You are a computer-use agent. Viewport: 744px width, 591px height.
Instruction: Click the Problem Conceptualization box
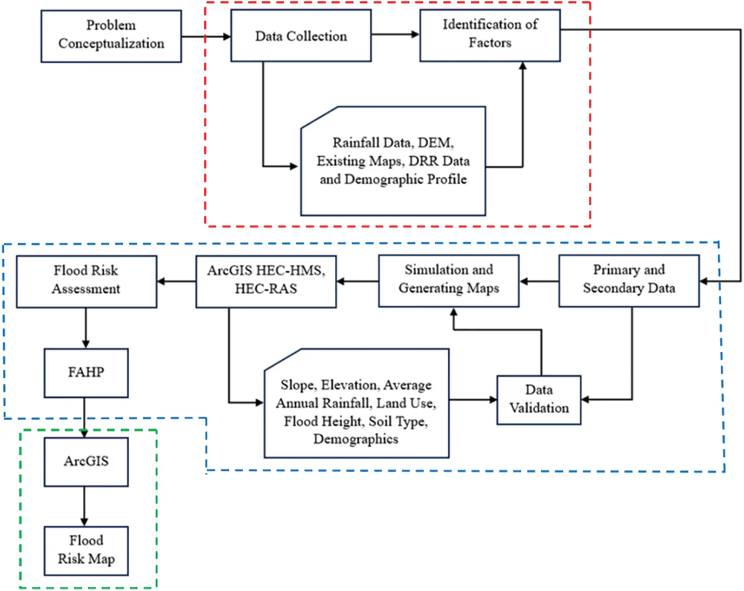click(x=111, y=36)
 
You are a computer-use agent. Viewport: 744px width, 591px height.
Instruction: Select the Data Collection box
click(x=301, y=36)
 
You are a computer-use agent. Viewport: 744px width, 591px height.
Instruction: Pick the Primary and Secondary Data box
click(x=629, y=281)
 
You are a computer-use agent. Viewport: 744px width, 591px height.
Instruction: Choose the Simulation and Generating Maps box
click(x=448, y=281)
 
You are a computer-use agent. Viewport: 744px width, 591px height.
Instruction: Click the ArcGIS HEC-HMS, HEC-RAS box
click(x=266, y=282)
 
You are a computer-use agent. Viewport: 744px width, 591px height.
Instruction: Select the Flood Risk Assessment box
click(x=86, y=282)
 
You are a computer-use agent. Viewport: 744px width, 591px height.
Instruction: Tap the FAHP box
click(x=86, y=373)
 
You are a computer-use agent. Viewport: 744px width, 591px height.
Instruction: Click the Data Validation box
click(x=538, y=400)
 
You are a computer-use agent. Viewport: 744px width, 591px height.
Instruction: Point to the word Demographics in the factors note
click(x=356, y=439)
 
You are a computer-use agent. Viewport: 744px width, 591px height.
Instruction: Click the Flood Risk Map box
click(x=86, y=551)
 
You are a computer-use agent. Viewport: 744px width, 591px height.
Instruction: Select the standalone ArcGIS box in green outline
click(x=86, y=462)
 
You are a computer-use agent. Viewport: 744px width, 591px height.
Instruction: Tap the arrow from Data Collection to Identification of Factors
click(x=395, y=34)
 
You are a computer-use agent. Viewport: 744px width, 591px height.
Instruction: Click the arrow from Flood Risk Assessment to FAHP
click(x=86, y=328)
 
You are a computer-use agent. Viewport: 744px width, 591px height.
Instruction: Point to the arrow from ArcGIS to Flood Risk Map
click(x=84, y=506)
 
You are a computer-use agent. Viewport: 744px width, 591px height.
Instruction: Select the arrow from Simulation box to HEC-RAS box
click(x=357, y=281)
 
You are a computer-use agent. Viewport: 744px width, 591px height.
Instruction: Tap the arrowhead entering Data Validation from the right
click(x=585, y=399)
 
